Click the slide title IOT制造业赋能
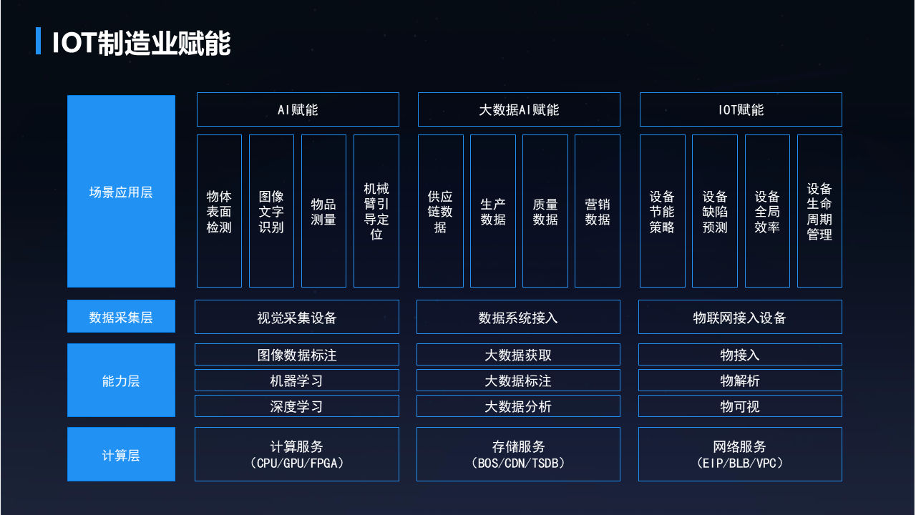tap(141, 43)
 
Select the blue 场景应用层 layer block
tap(121, 192)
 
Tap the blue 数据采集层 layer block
tap(121, 317)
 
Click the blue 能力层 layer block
tap(121, 381)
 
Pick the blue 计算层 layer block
tap(121, 454)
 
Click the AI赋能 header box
tap(298, 109)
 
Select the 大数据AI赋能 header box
tap(519, 109)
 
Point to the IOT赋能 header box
tap(741, 109)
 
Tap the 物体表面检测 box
tap(219, 211)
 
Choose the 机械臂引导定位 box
tap(376, 211)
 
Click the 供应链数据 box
tap(441, 211)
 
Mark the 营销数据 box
tap(598, 211)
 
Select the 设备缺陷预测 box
tap(715, 211)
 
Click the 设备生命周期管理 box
tap(819, 211)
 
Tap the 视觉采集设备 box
tap(297, 317)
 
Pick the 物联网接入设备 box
tap(740, 317)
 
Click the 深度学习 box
tap(297, 406)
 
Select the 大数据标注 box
tap(518, 381)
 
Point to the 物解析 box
tap(740, 381)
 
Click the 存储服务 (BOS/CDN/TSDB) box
tap(518, 454)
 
